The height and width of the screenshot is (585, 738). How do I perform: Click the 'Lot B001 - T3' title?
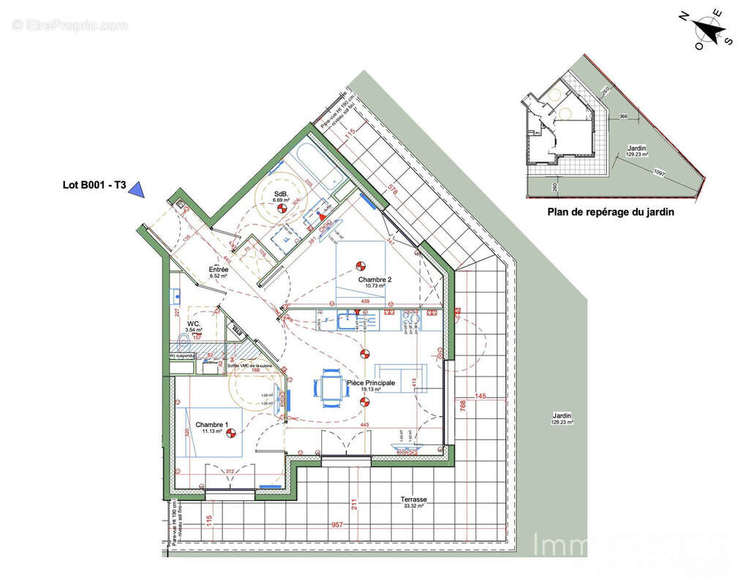(92, 186)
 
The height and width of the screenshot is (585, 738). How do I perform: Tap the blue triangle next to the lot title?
(137, 189)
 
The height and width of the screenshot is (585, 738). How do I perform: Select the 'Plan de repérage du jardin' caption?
(611, 213)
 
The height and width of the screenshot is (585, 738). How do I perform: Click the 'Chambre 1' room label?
(211, 425)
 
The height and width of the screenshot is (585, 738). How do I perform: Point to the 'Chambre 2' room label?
(374, 279)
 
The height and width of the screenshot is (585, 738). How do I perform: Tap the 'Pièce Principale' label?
(371, 382)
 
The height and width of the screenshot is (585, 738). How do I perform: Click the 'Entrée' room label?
(219, 270)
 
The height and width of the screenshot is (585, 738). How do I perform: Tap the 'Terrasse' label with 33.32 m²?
(413, 500)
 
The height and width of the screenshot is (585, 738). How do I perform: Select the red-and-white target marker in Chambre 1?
(231, 433)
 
